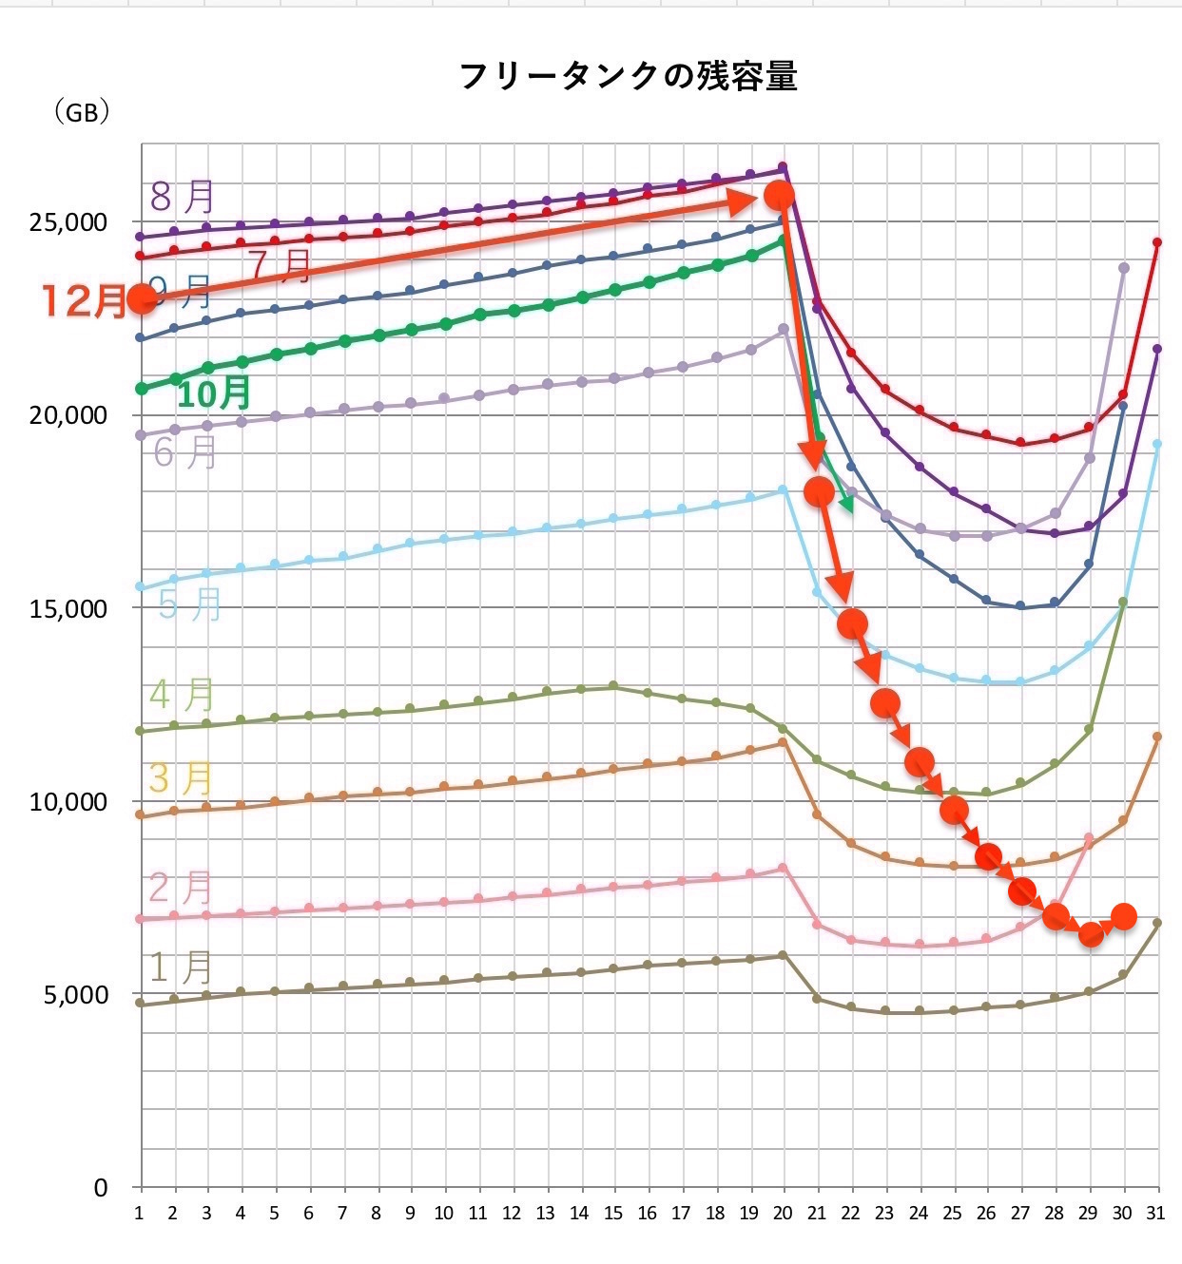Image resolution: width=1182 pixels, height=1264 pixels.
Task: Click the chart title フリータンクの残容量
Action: [x=628, y=76]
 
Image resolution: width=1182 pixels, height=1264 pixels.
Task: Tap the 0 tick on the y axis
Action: [x=101, y=1188]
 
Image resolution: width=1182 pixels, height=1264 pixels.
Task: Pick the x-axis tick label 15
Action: [x=613, y=1214]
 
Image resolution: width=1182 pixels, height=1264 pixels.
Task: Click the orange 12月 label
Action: [x=84, y=301]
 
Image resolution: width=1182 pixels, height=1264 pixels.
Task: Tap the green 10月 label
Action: [x=215, y=393]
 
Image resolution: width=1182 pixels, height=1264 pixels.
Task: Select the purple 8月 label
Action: [x=183, y=197]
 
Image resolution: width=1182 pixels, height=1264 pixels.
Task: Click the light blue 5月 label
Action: [x=189, y=604]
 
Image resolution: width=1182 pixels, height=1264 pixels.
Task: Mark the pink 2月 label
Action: [x=181, y=889]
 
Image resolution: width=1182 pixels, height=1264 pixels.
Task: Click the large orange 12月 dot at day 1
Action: [x=142, y=299]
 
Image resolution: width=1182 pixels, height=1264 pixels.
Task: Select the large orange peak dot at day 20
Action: [x=780, y=195]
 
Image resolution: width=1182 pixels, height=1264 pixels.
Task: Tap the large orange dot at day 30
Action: [x=1123, y=916]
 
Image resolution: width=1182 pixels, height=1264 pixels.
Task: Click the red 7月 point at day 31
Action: [x=1157, y=242]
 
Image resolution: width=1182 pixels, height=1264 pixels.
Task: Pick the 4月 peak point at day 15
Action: [x=613, y=685]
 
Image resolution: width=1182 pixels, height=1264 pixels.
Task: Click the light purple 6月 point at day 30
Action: [x=1124, y=268]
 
